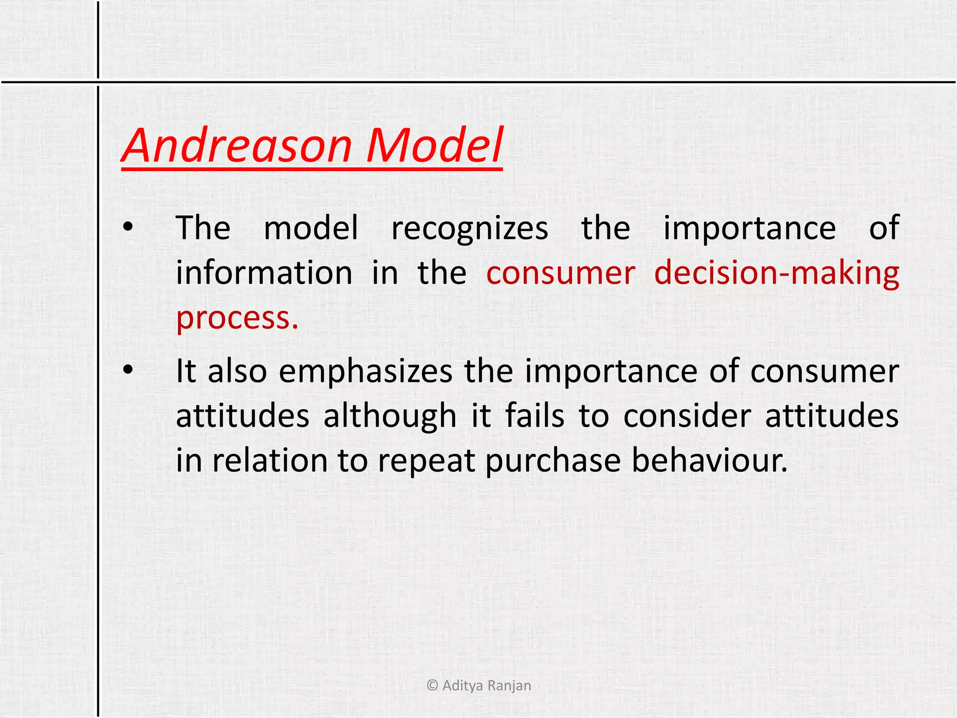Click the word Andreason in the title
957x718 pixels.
tap(237, 146)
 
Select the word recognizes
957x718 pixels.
tap(470, 229)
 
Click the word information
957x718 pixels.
tap(264, 273)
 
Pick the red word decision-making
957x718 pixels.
tap(776, 273)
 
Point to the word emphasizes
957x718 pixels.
tap(365, 372)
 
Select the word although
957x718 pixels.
tap(390, 416)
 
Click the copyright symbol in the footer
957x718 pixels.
tap(432, 686)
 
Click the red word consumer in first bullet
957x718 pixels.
tap(560, 274)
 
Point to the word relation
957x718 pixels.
tap(270, 460)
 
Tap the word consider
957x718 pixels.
tap(687, 416)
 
